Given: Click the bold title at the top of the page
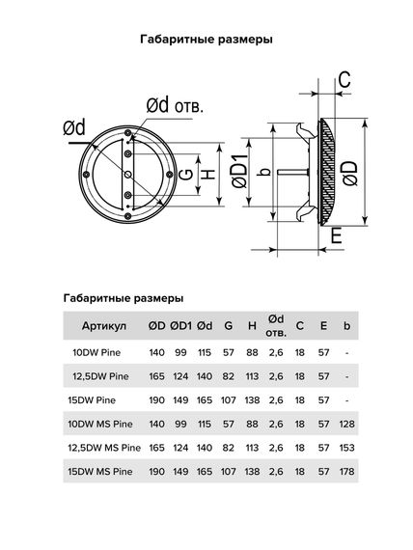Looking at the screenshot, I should click(x=206, y=40).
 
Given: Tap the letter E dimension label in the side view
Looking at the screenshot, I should click(x=335, y=234).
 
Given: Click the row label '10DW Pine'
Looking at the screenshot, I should click(x=94, y=352).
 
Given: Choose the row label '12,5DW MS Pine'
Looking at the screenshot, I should click(x=102, y=447).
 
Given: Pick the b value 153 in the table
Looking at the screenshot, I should click(x=346, y=447).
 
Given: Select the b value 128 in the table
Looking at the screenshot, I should click(x=346, y=424).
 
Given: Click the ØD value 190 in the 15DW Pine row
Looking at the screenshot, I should click(x=157, y=399).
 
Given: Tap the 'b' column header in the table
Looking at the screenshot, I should click(x=346, y=326).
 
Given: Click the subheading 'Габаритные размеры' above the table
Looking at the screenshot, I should click(x=122, y=298).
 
